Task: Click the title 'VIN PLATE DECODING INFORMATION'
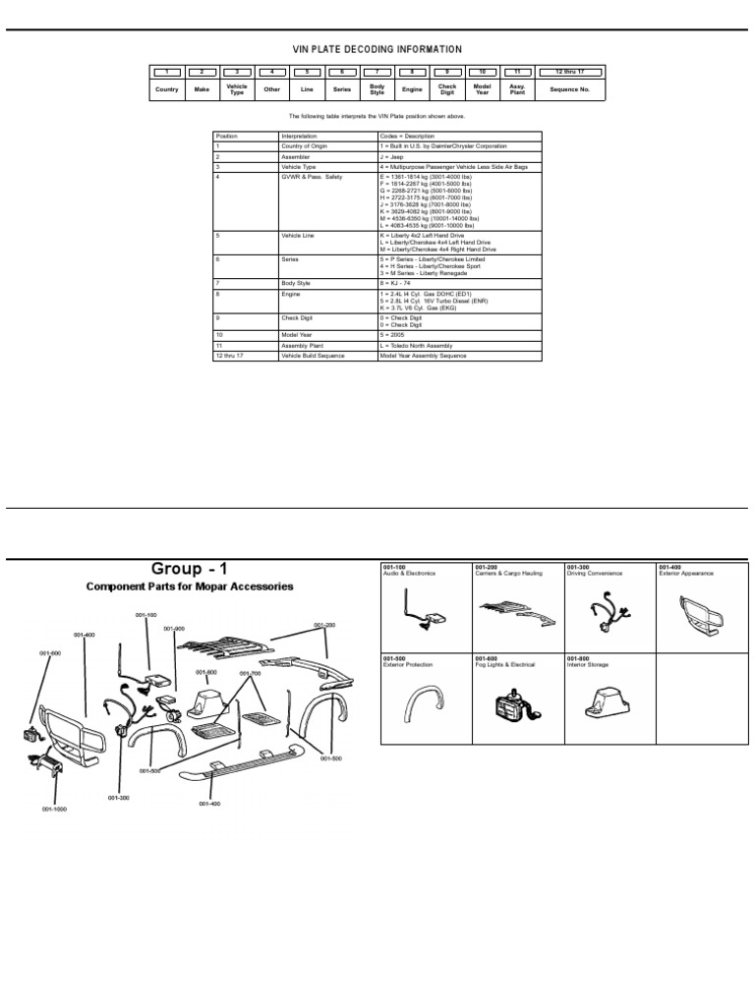pos(377,49)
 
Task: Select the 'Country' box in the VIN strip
pos(166,89)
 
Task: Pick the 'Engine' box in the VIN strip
pos(412,89)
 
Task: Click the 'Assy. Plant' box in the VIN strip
pos(517,89)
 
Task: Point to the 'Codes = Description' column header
pos(407,136)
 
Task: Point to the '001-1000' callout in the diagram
pos(53,809)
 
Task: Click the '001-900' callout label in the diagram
pos(174,629)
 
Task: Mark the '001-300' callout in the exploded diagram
pos(119,798)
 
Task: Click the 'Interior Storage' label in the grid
pos(589,664)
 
